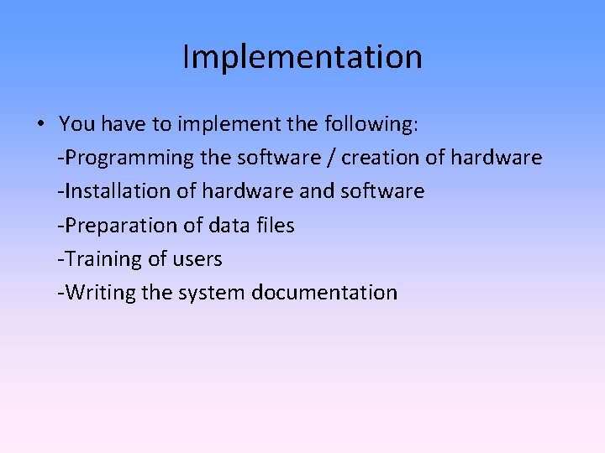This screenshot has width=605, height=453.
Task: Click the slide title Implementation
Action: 302,57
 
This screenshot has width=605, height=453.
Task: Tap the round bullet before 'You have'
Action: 40,125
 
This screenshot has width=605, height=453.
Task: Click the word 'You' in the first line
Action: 76,124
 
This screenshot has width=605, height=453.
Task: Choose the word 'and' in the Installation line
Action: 317,191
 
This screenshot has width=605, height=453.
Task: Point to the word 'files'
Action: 276,226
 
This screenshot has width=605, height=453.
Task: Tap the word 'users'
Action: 197,259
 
